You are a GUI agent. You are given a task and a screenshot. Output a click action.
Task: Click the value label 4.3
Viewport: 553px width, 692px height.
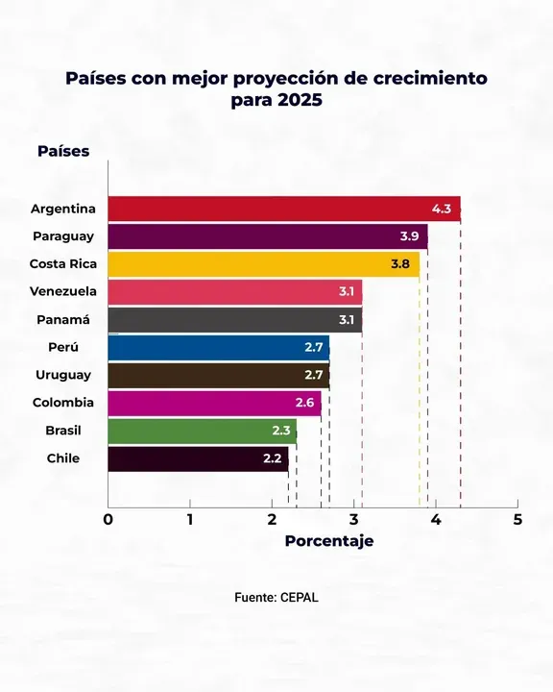pyautogui.click(x=442, y=209)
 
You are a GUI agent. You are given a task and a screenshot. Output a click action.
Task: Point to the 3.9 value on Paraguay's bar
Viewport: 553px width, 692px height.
pyautogui.click(x=409, y=236)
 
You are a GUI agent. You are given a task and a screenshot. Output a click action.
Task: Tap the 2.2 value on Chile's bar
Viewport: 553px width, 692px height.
pyautogui.click(x=272, y=459)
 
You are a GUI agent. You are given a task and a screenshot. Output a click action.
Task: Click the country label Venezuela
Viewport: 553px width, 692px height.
pyautogui.click(x=62, y=291)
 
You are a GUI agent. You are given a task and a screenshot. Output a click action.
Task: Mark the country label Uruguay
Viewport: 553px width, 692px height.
pyautogui.click(x=63, y=375)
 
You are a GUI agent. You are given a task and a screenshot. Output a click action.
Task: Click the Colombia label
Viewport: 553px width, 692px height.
pyautogui.click(x=63, y=403)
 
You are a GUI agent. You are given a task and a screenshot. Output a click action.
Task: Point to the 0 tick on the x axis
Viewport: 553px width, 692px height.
pyautogui.click(x=108, y=520)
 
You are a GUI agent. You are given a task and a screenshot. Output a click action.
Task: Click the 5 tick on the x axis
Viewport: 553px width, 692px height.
pyautogui.click(x=517, y=520)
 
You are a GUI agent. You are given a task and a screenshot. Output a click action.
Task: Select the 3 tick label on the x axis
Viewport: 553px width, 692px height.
pyautogui.click(x=353, y=520)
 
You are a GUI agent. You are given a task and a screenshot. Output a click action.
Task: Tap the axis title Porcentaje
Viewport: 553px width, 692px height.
pyautogui.click(x=329, y=541)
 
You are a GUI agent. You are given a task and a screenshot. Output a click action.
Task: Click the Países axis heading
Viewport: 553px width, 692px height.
pyautogui.click(x=63, y=151)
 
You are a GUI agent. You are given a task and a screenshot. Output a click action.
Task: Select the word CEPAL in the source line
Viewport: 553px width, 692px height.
pyautogui.click(x=300, y=597)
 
